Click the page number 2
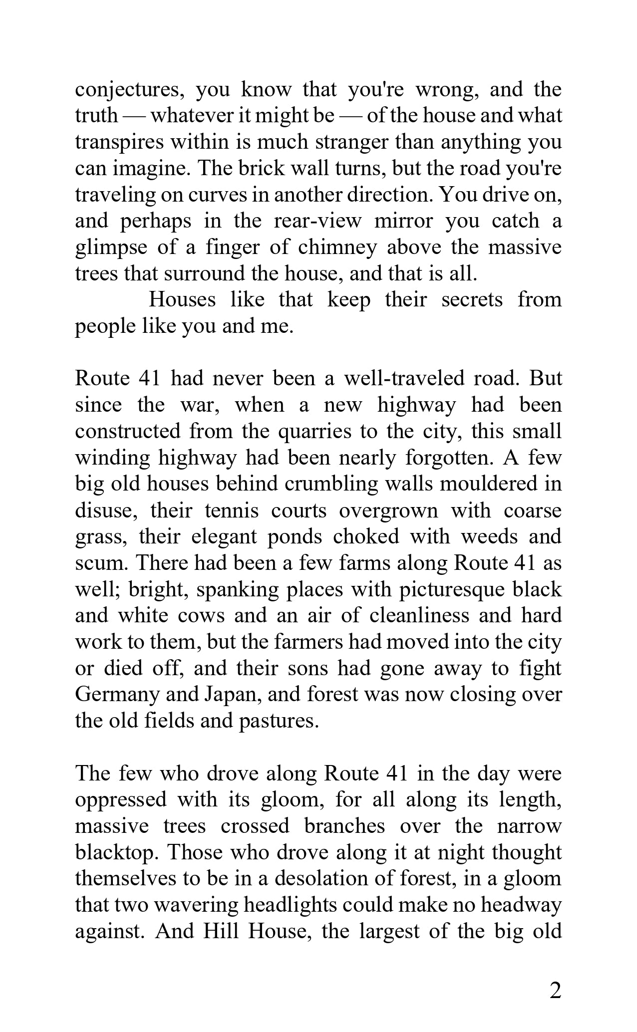pyautogui.click(x=555, y=991)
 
